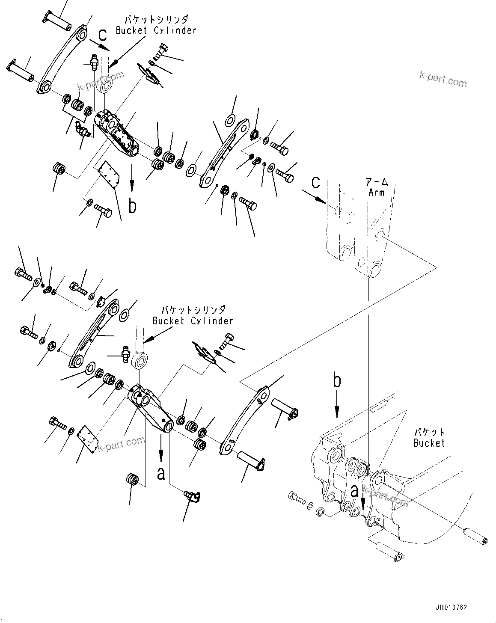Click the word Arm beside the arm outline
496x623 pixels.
(x=376, y=193)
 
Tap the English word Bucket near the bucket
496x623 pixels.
(x=429, y=443)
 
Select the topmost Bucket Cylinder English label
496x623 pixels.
(x=156, y=30)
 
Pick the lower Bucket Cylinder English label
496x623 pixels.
(x=193, y=320)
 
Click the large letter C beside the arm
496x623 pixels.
(x=315, y=183)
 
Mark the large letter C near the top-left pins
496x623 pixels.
(x=101, y=36)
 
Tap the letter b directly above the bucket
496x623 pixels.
(x=337, y=381)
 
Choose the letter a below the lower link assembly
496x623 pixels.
(x=161, y=474)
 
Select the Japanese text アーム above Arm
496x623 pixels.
(x=377, y=182)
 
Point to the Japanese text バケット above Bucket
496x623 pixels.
(x=429, y=433)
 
